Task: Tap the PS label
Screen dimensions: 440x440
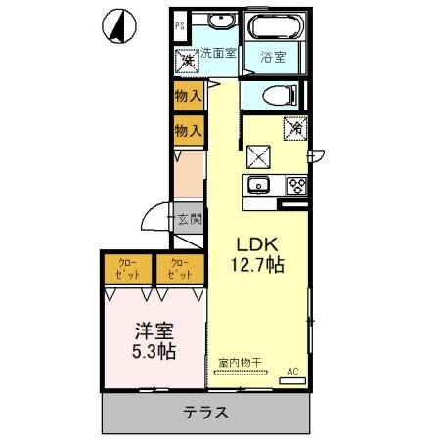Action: tap(180, 25)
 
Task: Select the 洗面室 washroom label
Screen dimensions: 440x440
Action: tap(218, 54)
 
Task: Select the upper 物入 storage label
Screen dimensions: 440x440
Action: tap(188, 96)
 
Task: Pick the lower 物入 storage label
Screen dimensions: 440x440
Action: tap(188, 130)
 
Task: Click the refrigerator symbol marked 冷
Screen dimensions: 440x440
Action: tap(295, 127)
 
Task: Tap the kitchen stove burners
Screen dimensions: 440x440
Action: tap(294, 187)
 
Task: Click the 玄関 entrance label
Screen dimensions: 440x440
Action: tap(189, 219)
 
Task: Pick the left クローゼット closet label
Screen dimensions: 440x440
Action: tap(128, 267)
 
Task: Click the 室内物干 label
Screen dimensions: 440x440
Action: tap(240, 363)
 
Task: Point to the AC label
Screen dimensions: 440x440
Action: tap(292, 372)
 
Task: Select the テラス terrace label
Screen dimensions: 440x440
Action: tap(205, 412)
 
